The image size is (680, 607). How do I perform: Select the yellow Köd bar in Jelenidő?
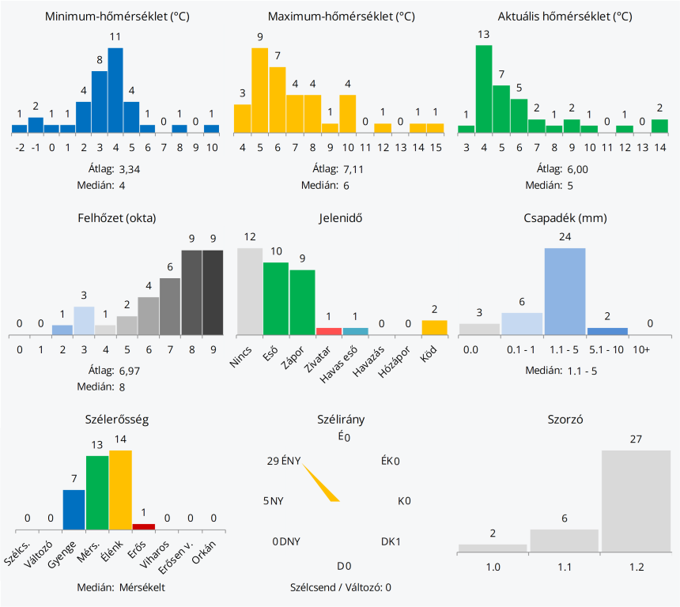(434, 326)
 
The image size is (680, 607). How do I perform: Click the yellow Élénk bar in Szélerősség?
(121, 488)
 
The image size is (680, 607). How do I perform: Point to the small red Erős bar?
(144, 526)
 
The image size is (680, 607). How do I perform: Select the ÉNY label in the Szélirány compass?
(291, 462)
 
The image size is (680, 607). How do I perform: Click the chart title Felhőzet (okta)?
(116, 218)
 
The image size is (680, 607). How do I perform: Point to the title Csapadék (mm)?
(565, 218)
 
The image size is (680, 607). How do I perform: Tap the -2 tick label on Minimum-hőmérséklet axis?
(20, 148)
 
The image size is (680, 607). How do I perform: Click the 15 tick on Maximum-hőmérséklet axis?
(436, 148)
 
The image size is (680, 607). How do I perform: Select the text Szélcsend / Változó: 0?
(341, 587)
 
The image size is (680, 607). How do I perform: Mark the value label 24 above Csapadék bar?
(565, 236)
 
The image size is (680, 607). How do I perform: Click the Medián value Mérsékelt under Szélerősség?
(142, 587)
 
